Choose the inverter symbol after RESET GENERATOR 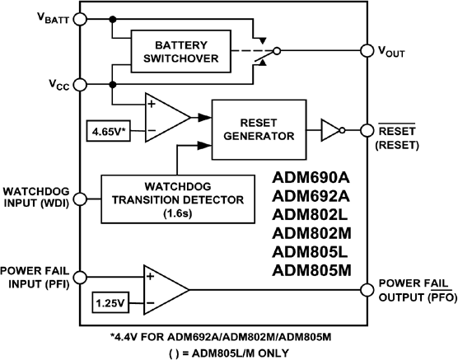click(x=331, y=128)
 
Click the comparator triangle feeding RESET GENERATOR click(x=164, y=117)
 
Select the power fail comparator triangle click(x=164, y=289)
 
